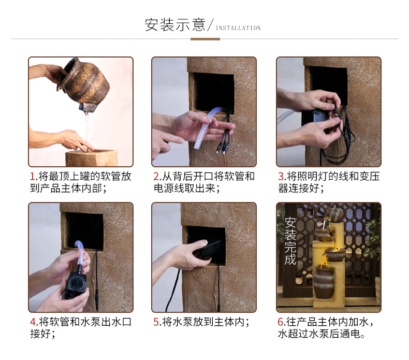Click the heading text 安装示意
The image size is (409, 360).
pyautogui.click(x=175, y=25)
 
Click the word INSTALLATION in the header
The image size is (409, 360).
pyautogui.click(x=238, y=28)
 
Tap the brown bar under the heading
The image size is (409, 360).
pyautogui.click(x=205, y=39)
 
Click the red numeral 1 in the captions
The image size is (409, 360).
pyautogui.click(x=32, y=177)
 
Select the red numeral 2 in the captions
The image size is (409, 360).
pyautogui.click(x=156, y=177)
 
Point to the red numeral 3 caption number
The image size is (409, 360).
pyautogui.click(x=281, y=177)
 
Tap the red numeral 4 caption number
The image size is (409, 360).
pyautogui.click(x=33, y=322)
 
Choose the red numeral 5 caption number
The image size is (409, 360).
pyautogui.click(x=156, y=322)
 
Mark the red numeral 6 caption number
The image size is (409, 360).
pyautogui.click(x=281, y=322)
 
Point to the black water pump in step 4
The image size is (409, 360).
pyautogui.click(x=75, y=285)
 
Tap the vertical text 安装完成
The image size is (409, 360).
pyautogui.click(x=290, y=241)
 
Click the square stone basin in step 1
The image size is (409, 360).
pyautogui.click(x=91, y=157)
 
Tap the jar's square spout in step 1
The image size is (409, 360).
pyautogui.click(x=86, y=107)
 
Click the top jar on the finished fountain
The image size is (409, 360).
pyautogui.click(x=334, y=214)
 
